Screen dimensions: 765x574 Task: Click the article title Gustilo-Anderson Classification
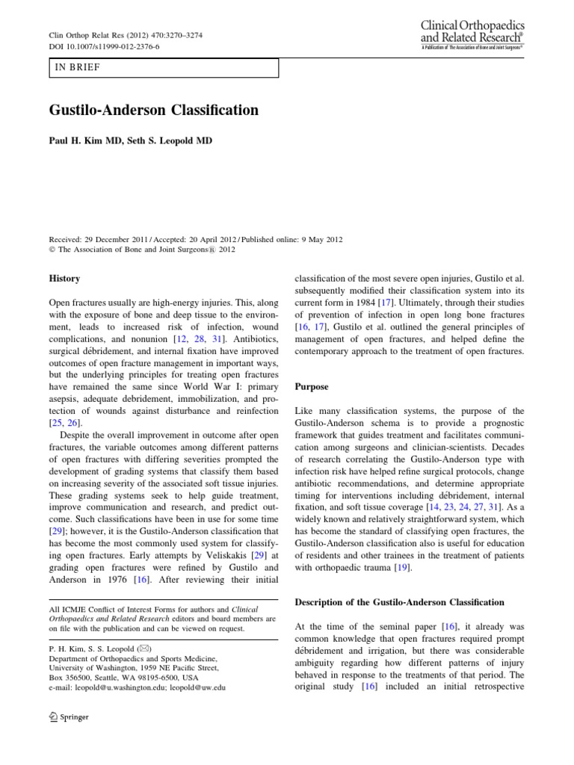(153, 111)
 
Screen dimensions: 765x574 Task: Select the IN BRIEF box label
(77, 68)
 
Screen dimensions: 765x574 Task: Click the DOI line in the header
(104, 46)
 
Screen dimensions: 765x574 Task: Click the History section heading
(64, 279)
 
